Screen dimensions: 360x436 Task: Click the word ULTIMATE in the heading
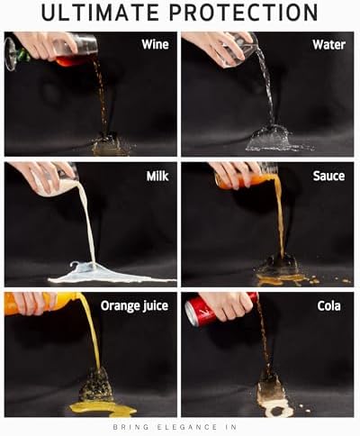pos(100,13)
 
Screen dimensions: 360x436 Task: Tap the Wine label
pos(155,44)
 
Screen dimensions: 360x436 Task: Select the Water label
pos(328,45)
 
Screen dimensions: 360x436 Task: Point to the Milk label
pos(157,176)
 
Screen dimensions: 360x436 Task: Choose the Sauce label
pos(328,176)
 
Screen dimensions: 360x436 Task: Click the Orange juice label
pos(134,306)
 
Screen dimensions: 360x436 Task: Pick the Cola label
pos(329,306)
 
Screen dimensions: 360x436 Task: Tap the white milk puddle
pos(114,277)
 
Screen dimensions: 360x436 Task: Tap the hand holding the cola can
pos(230,305)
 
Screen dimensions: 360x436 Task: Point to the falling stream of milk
pos(87,223)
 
